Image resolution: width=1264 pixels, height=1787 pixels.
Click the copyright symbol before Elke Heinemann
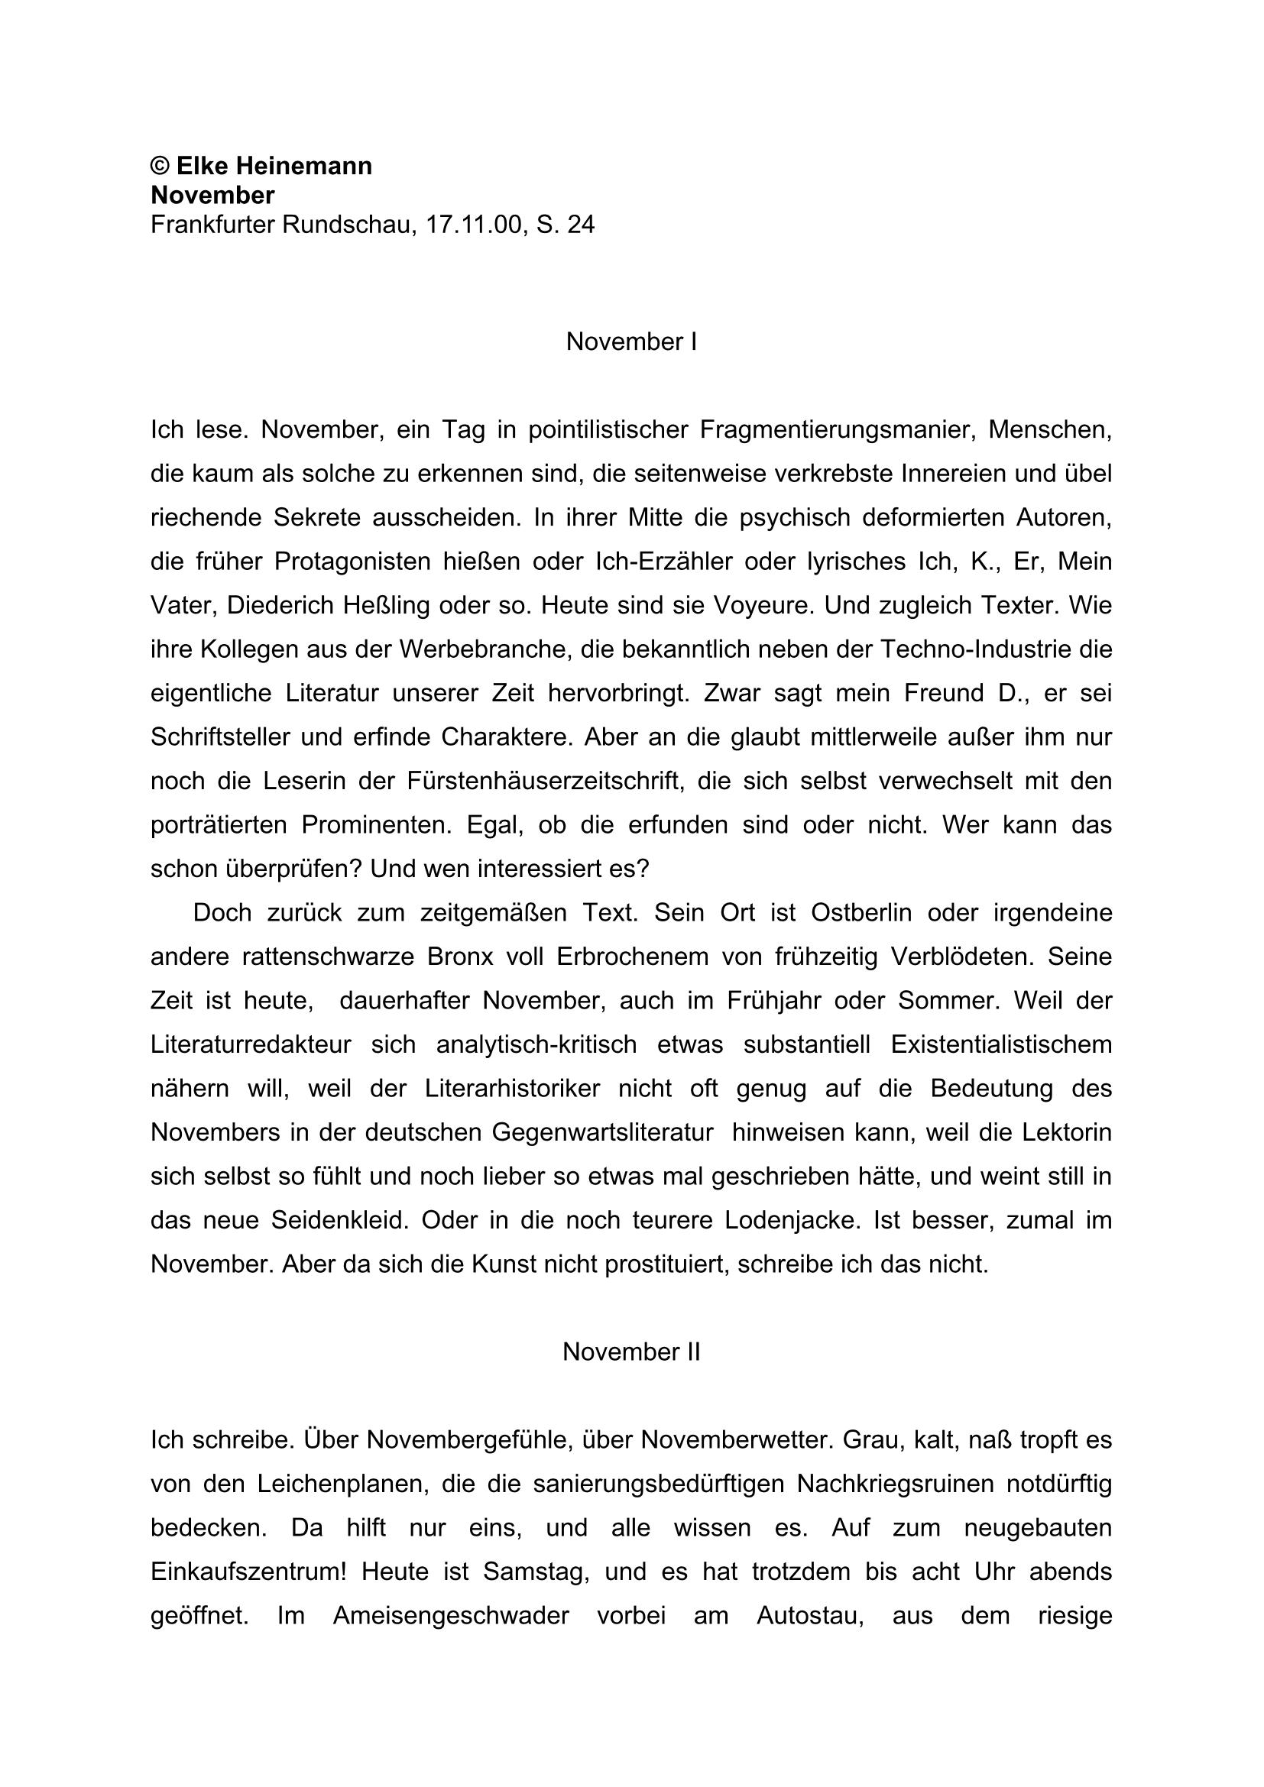[x=160, y=166]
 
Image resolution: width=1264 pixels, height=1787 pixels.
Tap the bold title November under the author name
[x=212, y=195]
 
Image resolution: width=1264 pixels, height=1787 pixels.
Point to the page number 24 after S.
[x=581, y=225]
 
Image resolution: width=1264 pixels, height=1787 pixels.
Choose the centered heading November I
[x=631, y=342]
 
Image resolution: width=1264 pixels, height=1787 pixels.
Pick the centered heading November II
[x=631, y=1352]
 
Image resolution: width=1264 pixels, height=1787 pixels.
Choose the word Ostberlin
[x=860, y=912]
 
